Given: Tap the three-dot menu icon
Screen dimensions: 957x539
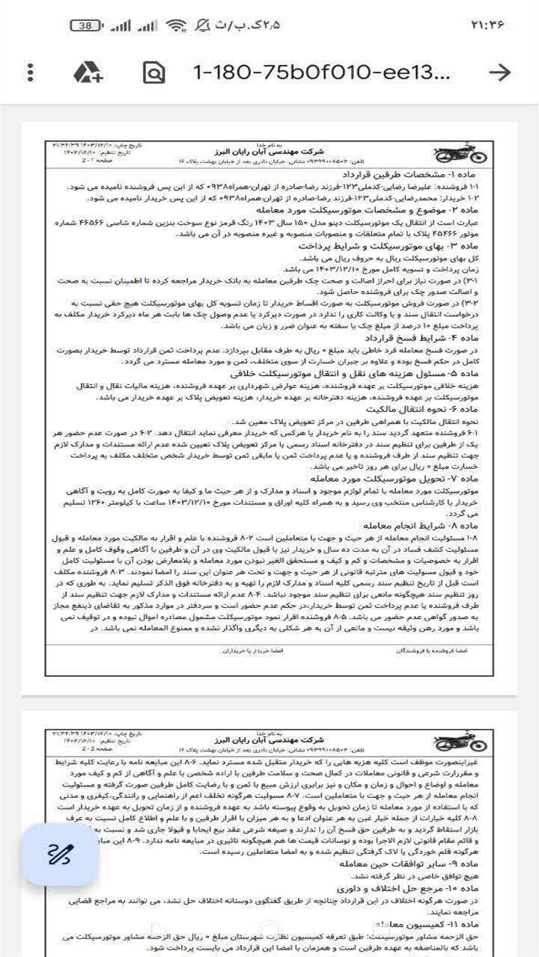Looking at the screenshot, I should (30, 73).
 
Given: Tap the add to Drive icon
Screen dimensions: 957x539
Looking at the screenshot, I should (88, 73).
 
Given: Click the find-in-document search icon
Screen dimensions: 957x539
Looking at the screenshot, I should (153, 73).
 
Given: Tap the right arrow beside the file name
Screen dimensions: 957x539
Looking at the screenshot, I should (499, 73).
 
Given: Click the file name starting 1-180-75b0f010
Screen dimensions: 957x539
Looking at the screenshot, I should (322, 73).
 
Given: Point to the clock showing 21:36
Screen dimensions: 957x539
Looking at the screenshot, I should (487, 25).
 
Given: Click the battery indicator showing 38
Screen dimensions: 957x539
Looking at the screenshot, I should (86, 25).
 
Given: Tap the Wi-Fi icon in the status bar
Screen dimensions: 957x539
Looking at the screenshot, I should (177, 25).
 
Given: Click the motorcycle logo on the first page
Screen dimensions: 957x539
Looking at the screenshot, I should (460, 154).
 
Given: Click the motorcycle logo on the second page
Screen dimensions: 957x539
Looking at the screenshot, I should (460, 742).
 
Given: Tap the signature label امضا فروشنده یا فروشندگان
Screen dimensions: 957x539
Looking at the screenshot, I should (431, 650).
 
